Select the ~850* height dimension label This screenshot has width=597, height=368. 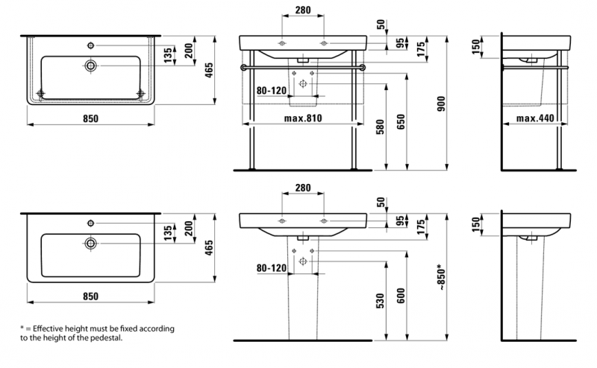(440, 278)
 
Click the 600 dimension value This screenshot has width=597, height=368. (401, 296)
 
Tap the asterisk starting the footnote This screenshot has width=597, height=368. (22, 329)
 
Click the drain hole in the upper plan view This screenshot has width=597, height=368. (91, 66)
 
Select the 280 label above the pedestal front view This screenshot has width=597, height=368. (302, 188)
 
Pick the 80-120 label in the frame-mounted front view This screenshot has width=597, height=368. (272, 90)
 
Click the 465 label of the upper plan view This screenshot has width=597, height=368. (210, 70)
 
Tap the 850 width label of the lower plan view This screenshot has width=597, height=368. (90, 296)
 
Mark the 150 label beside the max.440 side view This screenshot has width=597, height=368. (475, 46)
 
